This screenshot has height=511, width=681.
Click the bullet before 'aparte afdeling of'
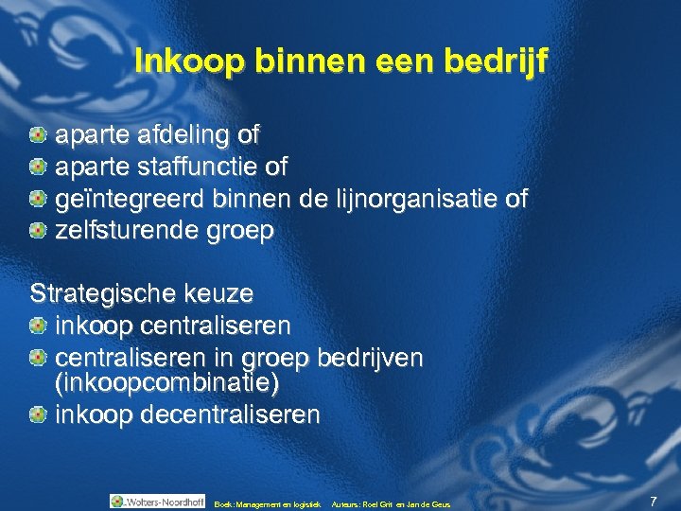click(38, 135)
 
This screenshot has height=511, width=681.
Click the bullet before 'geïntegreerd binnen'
click(38, 200)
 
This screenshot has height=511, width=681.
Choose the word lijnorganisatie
click(410, 200)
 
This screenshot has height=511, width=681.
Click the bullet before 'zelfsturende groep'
click(38, 231)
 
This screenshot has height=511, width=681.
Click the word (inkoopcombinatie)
click(167, 385)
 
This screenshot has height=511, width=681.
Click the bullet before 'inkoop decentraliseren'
click(38, 414)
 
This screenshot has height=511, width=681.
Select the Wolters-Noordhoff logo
click(157, 502)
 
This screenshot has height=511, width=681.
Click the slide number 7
click(654, 500)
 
